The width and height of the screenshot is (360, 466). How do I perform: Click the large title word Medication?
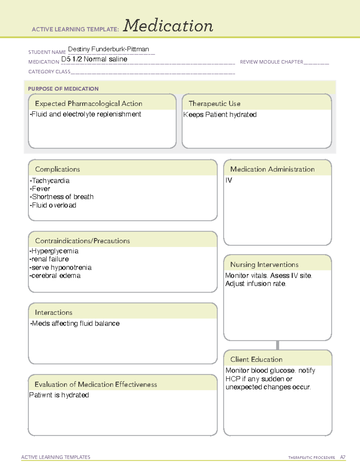click(x=168, y=26)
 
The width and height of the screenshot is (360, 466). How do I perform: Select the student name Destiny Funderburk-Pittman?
click(x=108, y=49)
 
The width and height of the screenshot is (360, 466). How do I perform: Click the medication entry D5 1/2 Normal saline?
click(x=94, y=59)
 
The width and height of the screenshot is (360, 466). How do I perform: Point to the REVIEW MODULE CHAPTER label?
click(x=271, y=62)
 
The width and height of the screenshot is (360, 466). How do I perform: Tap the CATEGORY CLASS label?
click(x=49, y=72)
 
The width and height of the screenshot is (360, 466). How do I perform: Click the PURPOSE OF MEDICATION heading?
click(x=63, y=89)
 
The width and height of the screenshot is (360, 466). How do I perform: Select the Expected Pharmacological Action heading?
click(x=88, y=104)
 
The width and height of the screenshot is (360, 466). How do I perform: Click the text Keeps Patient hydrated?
click(x=220, y=115)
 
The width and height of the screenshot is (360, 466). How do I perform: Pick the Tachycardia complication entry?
click(x=50, y=181)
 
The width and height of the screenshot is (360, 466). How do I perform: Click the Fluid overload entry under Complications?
click(x=53, y=205)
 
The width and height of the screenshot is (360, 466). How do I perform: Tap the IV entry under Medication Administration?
click(x=229, y=180)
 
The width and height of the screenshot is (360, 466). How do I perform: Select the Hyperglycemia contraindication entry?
click(x=54, y=251)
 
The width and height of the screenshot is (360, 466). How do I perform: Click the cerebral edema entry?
click(x=55, y=276)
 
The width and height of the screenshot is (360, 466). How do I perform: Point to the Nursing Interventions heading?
click(x=264, y=265)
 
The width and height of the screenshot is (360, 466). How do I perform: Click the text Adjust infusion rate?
click(x=256, y=284)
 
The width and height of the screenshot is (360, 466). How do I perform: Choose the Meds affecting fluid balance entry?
click(x=75, y=323)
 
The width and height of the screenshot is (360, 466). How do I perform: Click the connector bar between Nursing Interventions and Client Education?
click(x=277, y=345)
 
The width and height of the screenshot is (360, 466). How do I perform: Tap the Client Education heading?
click(x=256, y=359)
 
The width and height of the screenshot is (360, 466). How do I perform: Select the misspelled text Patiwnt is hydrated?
click(x=59, y=395)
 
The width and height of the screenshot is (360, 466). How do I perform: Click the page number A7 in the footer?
click(x=343, y=457)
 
